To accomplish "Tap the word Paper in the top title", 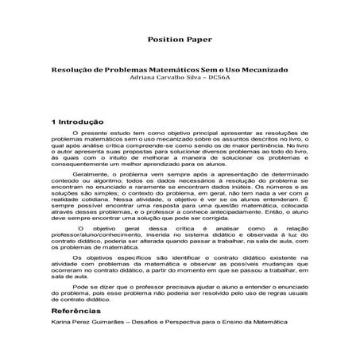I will click(x=199, y=38).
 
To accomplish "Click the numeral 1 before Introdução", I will click(x=52, y=122).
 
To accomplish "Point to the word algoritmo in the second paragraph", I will click(x=107, y=180).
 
